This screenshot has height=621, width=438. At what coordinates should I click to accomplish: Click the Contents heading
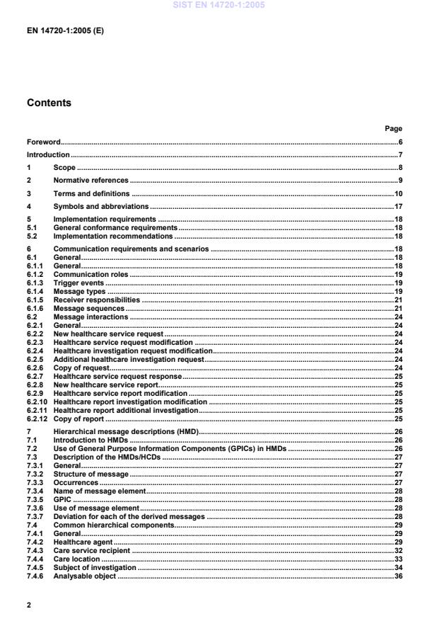tap(49, 103)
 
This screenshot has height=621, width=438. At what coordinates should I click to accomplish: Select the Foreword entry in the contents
tap(43, 142)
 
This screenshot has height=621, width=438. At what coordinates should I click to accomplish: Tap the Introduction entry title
tap(48, 155)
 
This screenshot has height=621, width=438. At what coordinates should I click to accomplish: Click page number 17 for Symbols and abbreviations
tap(398, 206)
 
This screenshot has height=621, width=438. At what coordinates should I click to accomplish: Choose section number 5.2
tap(33, 237)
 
